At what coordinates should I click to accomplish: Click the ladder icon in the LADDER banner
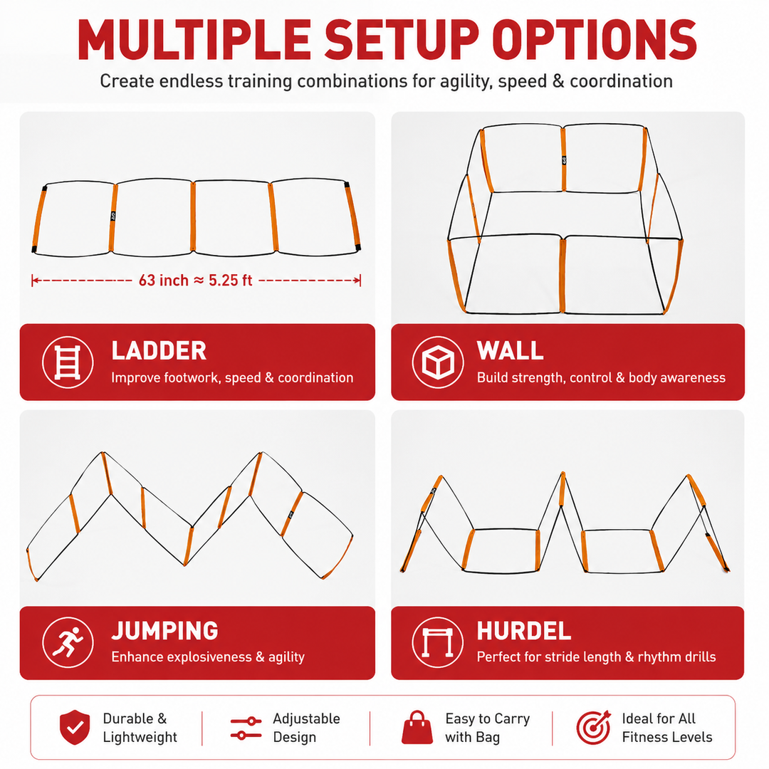[67, 362]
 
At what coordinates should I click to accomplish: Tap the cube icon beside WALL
[437, 362]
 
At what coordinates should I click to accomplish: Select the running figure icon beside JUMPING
[68, 642]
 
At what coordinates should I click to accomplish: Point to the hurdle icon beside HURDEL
[437, 642]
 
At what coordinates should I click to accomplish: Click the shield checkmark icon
[75, 727]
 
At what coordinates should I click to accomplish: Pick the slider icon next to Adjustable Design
[246, 728]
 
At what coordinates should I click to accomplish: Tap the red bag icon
[417, 727]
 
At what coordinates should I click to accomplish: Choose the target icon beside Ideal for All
[593, 727]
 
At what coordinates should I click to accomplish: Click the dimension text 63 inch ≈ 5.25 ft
[195, 280]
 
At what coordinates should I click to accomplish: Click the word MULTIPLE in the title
[194, 40]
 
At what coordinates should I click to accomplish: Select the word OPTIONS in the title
[594, 40]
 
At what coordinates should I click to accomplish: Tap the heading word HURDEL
[524, 631]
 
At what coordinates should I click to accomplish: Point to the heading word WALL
[510, 350]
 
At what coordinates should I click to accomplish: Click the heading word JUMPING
[164, 631]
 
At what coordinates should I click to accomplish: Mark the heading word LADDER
[159, 350]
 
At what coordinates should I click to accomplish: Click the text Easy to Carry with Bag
[488, 728]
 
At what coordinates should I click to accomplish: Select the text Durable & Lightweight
[140, 728]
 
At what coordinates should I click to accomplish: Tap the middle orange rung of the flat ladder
[193, 216]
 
